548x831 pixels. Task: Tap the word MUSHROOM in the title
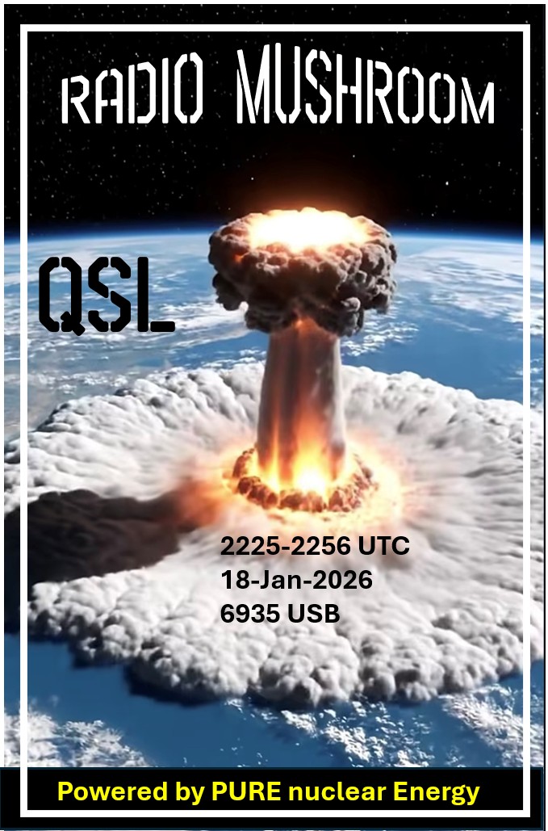[366, 87]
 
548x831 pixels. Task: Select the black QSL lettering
[107, 296]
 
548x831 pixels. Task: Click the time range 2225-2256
[287, 546]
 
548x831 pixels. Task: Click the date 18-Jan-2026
[296, 580]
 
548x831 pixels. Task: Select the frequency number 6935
[250, 614]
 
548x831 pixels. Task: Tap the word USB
[313, 614]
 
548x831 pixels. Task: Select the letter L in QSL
[157, 296]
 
